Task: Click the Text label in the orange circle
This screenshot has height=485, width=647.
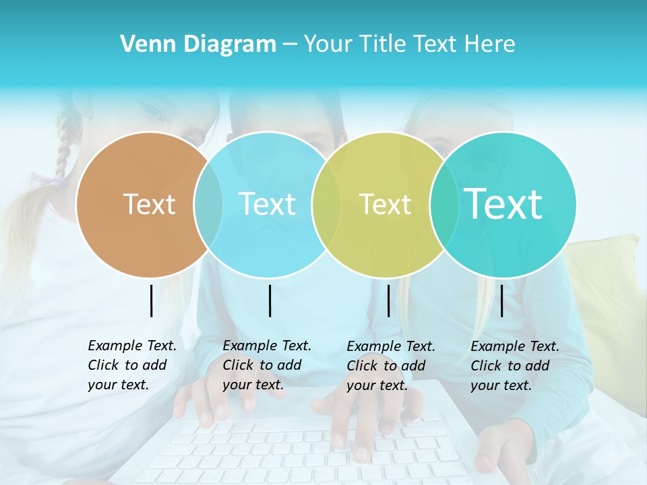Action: [149, 204]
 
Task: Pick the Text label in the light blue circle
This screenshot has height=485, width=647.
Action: [267, 204]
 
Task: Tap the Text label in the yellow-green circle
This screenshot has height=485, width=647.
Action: [385, 204]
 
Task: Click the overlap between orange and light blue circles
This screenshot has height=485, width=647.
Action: [208, 204]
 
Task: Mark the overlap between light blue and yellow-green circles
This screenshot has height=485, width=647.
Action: [326, 204]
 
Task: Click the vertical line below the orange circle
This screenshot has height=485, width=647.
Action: [152, 300]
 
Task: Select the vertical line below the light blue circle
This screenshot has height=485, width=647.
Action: [270, 300]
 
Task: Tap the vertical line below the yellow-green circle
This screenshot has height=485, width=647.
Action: [388, 300]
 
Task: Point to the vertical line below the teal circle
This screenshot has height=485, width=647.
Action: [501, 300]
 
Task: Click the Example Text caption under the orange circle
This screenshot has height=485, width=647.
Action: [131, 365]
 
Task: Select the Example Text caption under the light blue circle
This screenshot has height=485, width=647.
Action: [266, 365]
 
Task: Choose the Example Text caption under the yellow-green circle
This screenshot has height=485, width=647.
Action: [390, 366]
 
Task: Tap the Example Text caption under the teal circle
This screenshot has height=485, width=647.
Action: [514, 366]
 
